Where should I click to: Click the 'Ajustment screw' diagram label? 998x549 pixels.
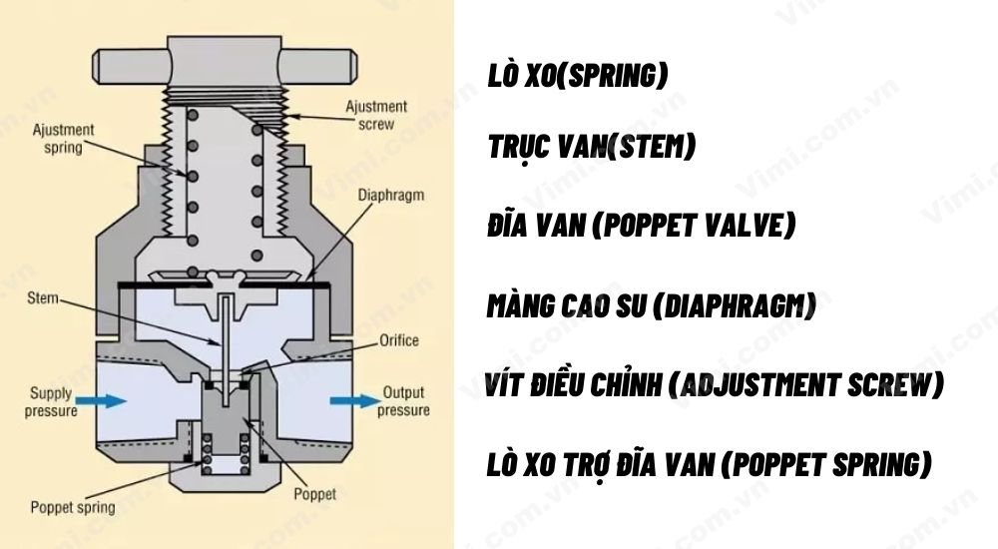click(x=376, y=115)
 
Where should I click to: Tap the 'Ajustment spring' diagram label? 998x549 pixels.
click(x=64, y=139)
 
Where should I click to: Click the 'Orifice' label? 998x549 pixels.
click(x=399, y=340)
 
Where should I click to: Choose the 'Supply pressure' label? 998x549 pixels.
click(x=51, y=401)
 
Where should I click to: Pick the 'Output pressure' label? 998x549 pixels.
click(x=403, y=401)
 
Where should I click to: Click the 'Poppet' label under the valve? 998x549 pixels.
click(x=315, y=494)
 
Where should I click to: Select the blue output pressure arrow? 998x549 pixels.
click(x=348, y=401)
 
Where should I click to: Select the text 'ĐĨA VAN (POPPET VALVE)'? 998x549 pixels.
click(x=642, y=227)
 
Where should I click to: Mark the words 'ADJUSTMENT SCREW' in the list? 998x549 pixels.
click(x=808, y=385)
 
